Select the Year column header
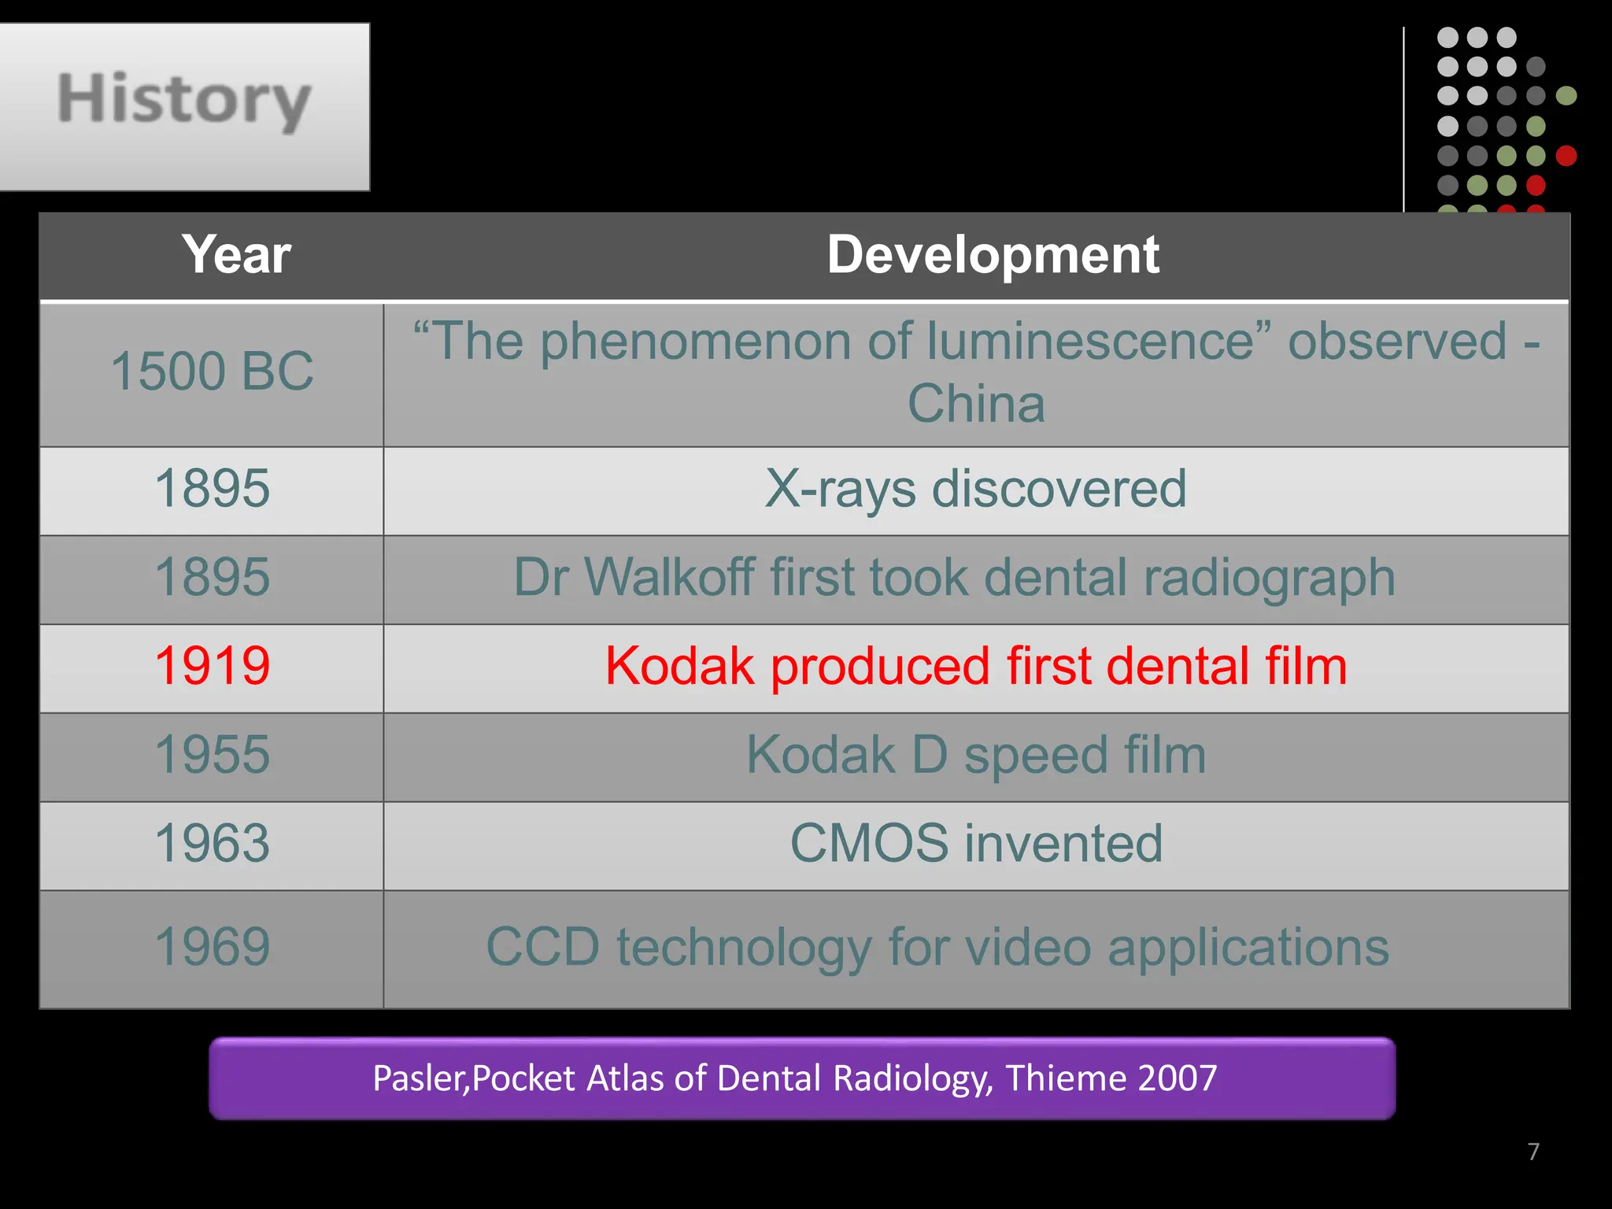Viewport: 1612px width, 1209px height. (236, 255)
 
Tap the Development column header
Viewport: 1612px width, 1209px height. (993, 255)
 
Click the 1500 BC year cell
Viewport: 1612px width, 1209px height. (212, 371)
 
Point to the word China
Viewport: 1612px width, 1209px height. (976, 404)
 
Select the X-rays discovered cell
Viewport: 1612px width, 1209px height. (975, 489)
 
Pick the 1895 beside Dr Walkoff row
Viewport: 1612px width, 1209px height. (212, 577)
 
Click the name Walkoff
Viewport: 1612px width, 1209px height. (670, 577)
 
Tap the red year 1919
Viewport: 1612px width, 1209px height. (212, 666)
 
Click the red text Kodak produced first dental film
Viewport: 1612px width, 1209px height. (975, 666)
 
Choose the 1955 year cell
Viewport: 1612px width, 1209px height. (212, 755)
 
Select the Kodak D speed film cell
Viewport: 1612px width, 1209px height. (975, 755)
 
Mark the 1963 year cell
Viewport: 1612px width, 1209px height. (212, 844)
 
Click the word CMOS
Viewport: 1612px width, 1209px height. (869, 844)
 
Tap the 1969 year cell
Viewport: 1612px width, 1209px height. (212, 947)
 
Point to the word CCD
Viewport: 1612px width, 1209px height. (543, 947)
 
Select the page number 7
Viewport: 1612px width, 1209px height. (1533, 1152)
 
